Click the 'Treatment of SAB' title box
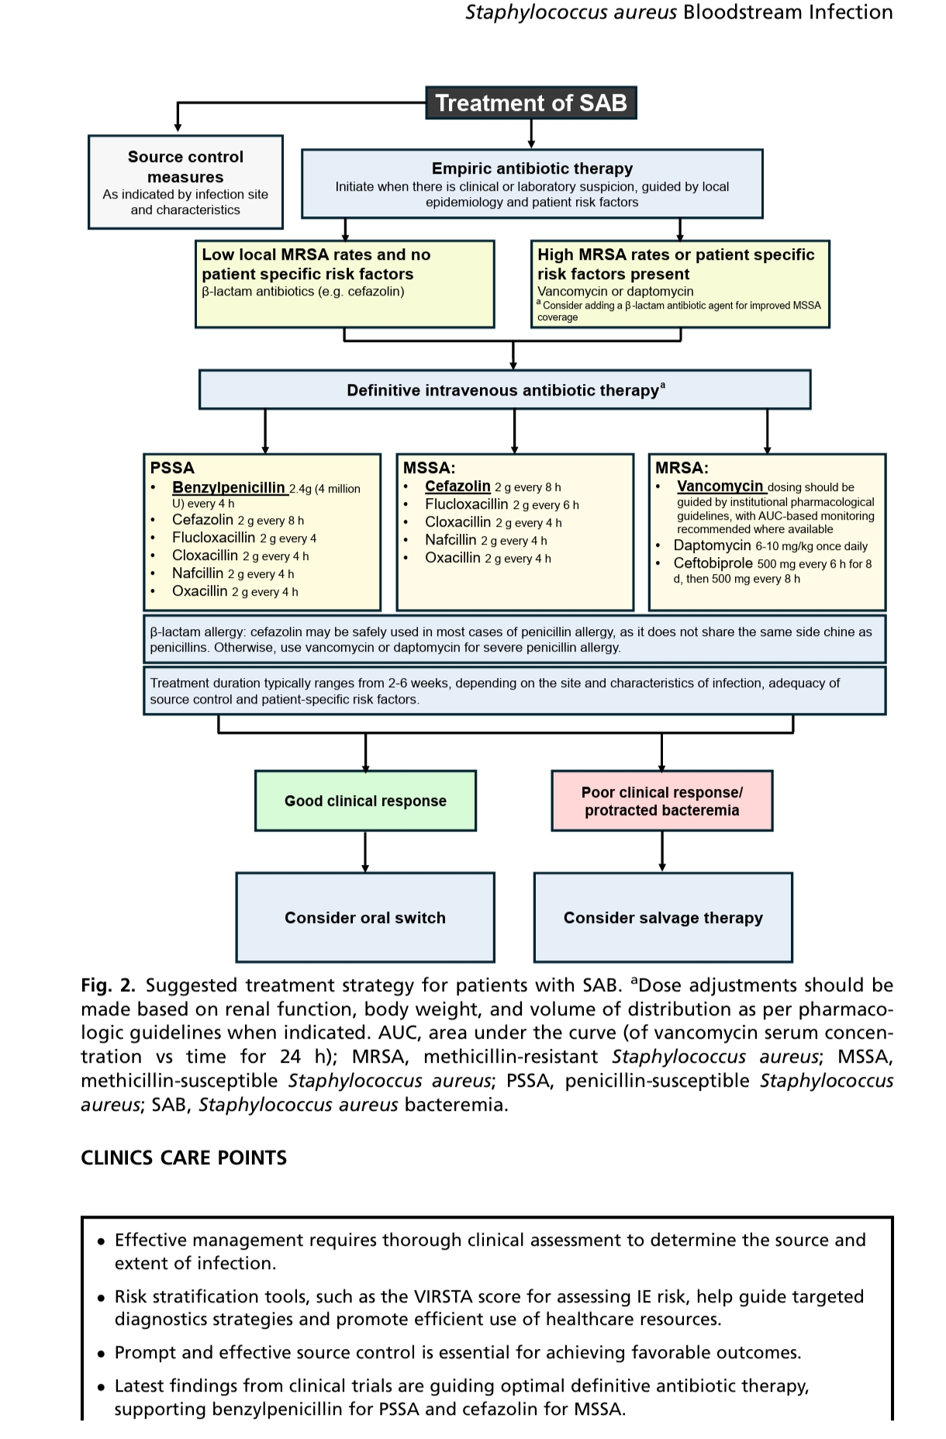(531, 103)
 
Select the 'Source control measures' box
(185, 182)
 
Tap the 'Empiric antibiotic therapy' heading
(532, 168)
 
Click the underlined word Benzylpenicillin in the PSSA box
(229, 487)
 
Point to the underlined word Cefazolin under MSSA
(457, 486)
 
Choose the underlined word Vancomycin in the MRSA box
(720, 486)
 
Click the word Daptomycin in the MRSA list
(712, 545)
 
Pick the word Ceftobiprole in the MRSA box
(713, 563)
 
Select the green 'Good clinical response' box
(365, 801)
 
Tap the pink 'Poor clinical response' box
(661, 801)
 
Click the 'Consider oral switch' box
(365, 918)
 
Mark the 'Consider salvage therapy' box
(663, 918)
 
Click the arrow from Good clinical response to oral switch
(365, 852)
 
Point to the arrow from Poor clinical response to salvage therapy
(661, 852)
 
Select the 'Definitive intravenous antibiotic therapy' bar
(505, 389)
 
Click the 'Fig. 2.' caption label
(108, 985)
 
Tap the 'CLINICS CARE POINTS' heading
(184, 1158)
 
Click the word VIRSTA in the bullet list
(444, 1296)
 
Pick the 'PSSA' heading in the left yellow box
(172, 468)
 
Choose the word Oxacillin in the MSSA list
(453, 558)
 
